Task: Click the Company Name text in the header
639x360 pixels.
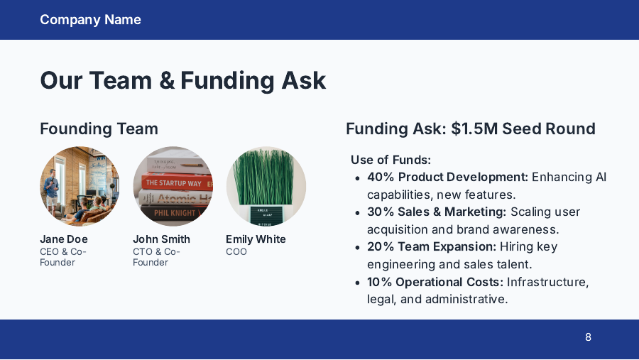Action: pyautogui.click(x=90, y=20)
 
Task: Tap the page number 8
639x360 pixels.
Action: pyautogui.click(x=588, y=337)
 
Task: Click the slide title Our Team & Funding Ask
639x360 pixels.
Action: pyautogui.click(x=183, y=80)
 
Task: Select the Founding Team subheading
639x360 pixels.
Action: pyautogui.click(x=99, y=129)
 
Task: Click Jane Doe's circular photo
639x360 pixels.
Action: pyautogui.click(x=80, y=186)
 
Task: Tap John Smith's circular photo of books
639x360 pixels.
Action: pyautogui.click(x=173, y=186)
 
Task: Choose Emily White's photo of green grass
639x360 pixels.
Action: pyautogui.click(x=266, y=186)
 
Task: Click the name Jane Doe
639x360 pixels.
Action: pyautogui.click(x=64, y=239)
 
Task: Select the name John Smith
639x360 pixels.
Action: pyautogui.click(x=161, y=239)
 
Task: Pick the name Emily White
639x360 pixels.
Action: pyautogui.click(x=256, y=239)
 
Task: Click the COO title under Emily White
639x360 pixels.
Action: pyautogui.click(x=236, y=251)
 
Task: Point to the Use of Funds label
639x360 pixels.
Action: pyautogui.click(x=390, y=160)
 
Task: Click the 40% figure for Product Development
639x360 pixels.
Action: pyautogui.click(x=380, y=177)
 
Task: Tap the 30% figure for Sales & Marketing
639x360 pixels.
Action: pyautogui.click(x=380, y=212)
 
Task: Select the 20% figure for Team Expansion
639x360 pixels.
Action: pyautogui.click(x=380, y=246)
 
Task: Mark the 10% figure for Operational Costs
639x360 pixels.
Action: pyautogui.click(x=380, y=282)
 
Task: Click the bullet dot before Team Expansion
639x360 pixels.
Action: pyautogui.click(x=358, y=247)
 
